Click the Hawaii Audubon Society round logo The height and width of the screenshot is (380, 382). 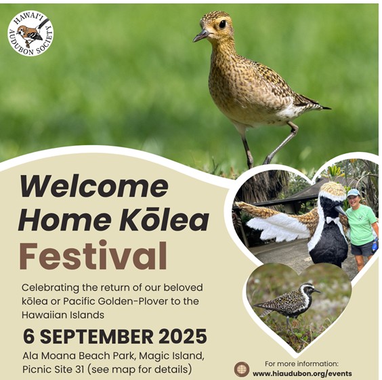point(30,34)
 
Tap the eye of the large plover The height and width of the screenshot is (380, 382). point(222,24)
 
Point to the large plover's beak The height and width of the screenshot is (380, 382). point(201,36)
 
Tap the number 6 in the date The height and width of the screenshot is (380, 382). point(28,337)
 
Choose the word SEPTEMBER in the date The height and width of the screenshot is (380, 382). point(96,337)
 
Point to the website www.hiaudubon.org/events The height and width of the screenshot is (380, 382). point(302,374)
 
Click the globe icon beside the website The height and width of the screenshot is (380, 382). point(242,369)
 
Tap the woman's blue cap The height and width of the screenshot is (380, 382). point(354,193)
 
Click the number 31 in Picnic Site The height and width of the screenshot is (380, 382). point(77,369)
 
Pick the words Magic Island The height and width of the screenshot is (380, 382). point(171,356)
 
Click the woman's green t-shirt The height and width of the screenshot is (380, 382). point(360,225)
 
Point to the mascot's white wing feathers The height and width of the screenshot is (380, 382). point(278,227)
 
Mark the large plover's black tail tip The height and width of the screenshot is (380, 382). point(326,108)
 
